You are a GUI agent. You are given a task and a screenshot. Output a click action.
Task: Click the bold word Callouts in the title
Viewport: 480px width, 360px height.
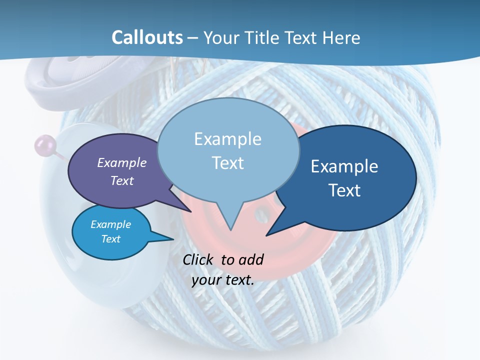tap(147, 37)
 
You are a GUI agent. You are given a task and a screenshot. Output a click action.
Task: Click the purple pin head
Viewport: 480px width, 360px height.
tap(42, 145)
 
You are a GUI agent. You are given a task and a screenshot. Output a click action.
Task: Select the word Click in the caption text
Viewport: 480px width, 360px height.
tap(199, 259)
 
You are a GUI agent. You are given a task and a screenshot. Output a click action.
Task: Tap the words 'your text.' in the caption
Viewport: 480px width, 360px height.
tap(223, 280)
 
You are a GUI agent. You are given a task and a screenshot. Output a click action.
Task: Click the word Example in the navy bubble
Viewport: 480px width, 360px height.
tap(344, 166)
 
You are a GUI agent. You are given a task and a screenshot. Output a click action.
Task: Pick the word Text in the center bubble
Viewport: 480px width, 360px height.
tap(228, 163)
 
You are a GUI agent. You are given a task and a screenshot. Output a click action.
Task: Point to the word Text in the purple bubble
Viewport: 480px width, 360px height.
tap(122, 180)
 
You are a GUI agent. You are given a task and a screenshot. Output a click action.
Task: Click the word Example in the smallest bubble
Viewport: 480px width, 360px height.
tap(110, 224)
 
